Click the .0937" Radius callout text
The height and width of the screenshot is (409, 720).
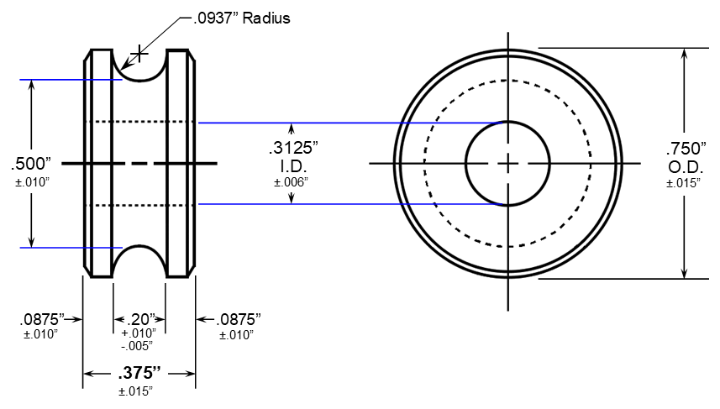(x=235, y=18)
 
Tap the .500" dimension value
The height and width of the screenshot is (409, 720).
(x=32, y=163)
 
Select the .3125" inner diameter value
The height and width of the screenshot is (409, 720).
(x=292, y=148)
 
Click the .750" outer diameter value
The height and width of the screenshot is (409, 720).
(x=686, y=149)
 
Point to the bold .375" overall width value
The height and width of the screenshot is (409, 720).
(x=139, y=373)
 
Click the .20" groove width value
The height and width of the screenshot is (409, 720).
(x=139, y=319)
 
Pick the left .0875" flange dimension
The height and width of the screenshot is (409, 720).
(x=42, y=319)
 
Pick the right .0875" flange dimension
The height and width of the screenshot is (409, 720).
(x=239, y=319)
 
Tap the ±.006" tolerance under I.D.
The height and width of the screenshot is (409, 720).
(x=292, y=181)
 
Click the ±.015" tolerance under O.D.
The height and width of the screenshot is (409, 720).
(x=684, y=182)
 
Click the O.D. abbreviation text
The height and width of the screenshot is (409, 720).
(x=685, y=167)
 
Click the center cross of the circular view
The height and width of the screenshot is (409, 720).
(x=507, y=163)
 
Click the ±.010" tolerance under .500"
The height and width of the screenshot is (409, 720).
(x=31, y=181)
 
